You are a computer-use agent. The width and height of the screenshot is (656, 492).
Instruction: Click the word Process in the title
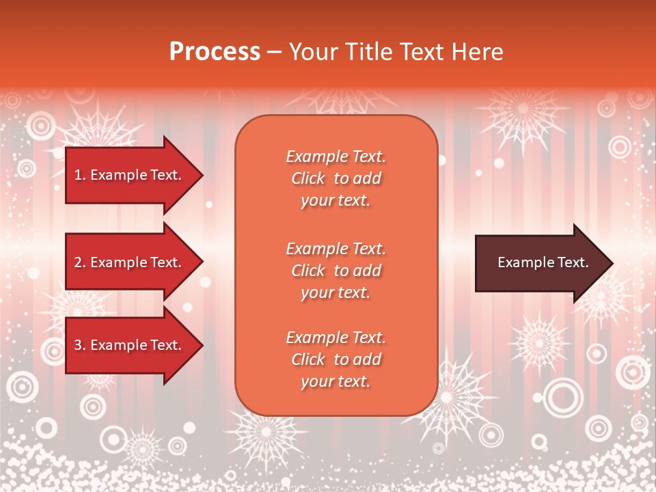click(215, 52)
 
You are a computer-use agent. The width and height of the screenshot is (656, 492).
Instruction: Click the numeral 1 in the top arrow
click(78, 175)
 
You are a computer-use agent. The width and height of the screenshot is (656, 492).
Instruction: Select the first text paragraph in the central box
click(336, 178)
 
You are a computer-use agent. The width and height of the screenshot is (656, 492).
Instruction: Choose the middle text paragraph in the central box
click(336, 271)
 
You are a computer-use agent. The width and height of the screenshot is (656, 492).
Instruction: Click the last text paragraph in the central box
click(336, 359)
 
